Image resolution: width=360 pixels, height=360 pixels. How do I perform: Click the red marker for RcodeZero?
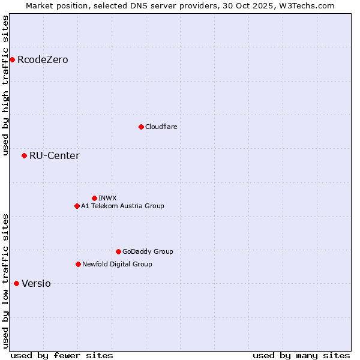click(x=12, y=59)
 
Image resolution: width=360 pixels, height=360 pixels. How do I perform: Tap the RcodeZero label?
click(x=43, y=60)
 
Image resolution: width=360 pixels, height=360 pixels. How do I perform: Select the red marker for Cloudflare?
click(x=141, y=127)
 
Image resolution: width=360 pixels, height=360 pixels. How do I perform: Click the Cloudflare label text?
click(x=161, y=127)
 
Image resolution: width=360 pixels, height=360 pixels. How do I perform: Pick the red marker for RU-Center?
click(x=24, y=155)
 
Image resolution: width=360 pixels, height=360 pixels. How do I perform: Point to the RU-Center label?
click(x=54, y=156)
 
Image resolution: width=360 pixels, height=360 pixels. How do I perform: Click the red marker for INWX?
click(x=94, y=198)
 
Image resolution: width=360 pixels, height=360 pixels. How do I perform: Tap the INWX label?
click(x=107, y=198)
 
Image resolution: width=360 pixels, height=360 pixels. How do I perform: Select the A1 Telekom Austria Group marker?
click(x=77, y=206)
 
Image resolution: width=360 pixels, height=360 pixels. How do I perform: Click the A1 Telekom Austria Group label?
click(x=122, y=206)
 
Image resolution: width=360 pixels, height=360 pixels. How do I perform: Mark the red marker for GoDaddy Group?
click(x=118, y=251)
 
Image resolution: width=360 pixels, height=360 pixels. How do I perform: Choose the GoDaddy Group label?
click(x=148, y=252)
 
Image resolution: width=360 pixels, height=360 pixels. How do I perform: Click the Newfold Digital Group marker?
click(x=78, y=264)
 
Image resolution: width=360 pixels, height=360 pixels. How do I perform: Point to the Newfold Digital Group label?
click(x=117, y=265)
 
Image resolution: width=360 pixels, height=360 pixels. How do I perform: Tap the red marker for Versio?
click(x=16, y=283)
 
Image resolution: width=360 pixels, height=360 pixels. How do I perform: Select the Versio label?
click(x=36, y=284)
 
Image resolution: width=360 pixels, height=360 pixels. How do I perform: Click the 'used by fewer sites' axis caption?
click(x=62, y=355)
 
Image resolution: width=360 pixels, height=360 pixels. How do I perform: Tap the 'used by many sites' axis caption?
click(x=301, y=355)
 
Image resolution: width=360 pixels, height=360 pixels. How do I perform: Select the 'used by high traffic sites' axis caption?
click(x=5, y=85)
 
